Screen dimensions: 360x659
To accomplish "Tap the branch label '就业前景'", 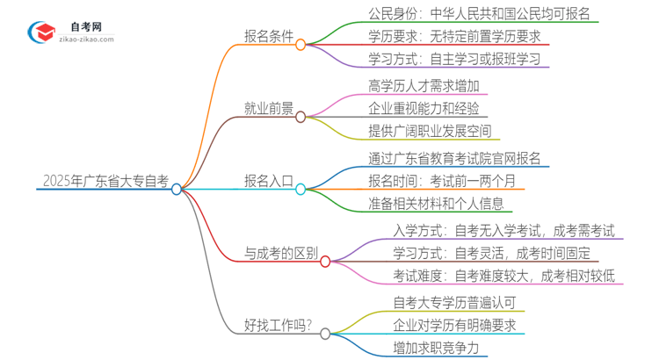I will click(x=269, y=109).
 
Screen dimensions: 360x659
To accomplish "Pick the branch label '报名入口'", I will click(x=269, y=182).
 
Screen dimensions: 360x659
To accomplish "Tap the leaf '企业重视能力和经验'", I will click(x=425, y=109).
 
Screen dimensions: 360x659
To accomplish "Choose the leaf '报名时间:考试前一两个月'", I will click(x=443, y=182).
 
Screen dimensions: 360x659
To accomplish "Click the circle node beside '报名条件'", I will click(x=301, y=44).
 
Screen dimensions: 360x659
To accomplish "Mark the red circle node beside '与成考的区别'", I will click(x=325, y=261).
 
